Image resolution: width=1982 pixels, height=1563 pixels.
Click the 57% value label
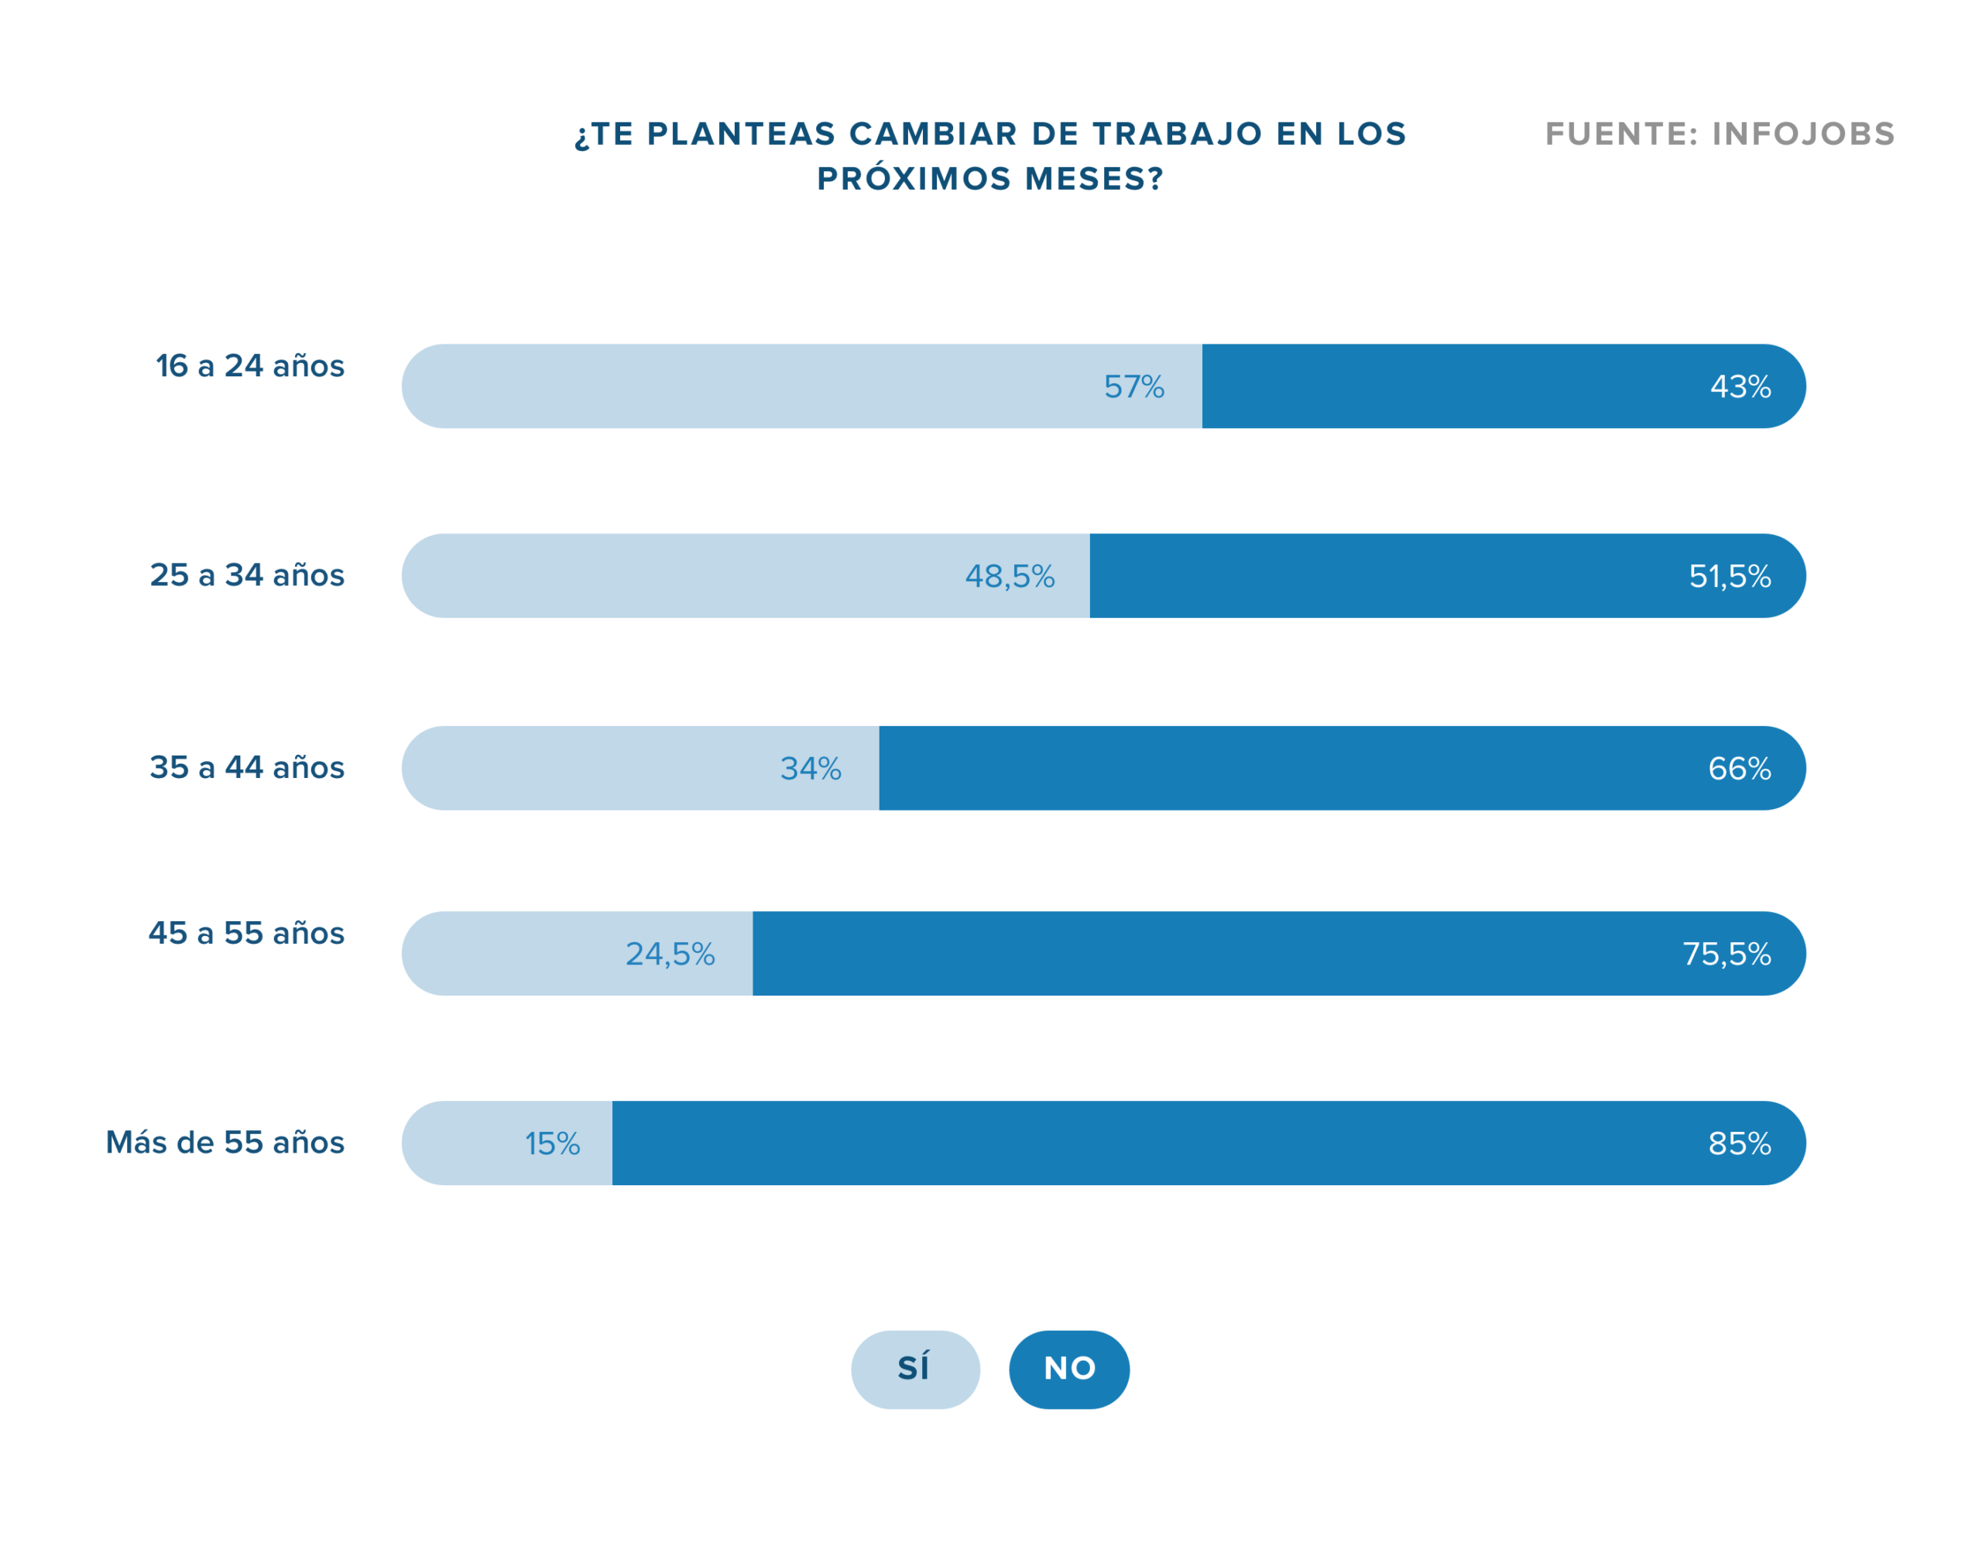1133,386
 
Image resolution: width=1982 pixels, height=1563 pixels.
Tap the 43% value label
1740,386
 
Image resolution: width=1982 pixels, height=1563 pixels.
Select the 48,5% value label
1010,576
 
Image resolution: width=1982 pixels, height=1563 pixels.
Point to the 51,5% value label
1729,576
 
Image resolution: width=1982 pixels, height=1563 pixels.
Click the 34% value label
810,768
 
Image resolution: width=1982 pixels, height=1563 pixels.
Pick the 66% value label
1739,768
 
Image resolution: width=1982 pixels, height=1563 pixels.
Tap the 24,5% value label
670,954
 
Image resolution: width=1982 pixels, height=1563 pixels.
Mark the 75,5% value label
1726,954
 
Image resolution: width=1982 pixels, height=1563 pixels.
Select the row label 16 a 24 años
250,365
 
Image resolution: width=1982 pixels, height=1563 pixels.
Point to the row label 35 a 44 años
247,767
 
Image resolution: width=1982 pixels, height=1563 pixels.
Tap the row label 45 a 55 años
246,933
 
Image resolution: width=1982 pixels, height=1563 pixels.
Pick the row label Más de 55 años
225,1142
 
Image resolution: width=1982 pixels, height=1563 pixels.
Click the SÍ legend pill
914,1369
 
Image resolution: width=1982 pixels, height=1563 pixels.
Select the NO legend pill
1068,1369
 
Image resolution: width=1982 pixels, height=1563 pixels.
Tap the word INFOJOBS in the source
1802,134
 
